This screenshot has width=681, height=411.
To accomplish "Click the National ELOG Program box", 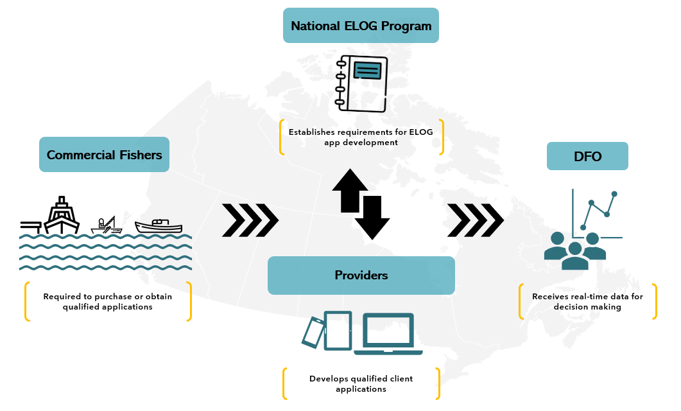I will [x=361, y=26].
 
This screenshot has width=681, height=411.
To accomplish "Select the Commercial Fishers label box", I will [x=104, y=155].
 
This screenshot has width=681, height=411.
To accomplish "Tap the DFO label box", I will [x=587, y=156].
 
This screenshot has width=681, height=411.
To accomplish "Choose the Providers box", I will [x=361, y=275].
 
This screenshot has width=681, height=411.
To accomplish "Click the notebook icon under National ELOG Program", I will [x=362, y=83].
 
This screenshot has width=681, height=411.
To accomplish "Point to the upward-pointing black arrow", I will [x=350, y=190].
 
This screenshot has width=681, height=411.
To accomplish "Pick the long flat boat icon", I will [x=159, y=225].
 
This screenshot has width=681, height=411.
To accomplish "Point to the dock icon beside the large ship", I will [x=30, y=225].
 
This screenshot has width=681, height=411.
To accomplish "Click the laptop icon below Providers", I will [x=388, y=334].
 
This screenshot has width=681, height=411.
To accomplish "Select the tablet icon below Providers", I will [x=338, y=330].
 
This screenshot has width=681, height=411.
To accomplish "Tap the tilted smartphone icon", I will [x=313, y=331].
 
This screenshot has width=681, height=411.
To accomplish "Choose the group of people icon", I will [x=574, y=250].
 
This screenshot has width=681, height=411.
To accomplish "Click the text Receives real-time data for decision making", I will [x=587, y=302].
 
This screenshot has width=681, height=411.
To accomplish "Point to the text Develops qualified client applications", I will [x=361, y=383].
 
